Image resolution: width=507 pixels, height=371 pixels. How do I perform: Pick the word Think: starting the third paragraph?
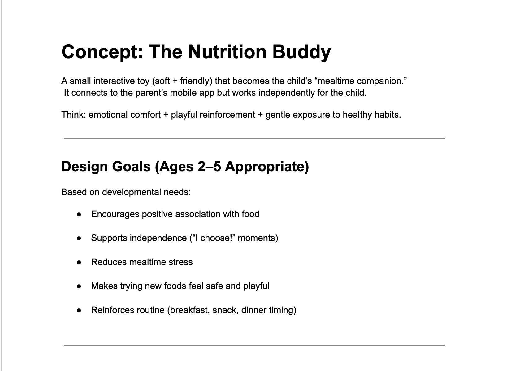pos(74,115)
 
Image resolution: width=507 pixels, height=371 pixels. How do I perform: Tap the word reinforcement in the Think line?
pos(227,115)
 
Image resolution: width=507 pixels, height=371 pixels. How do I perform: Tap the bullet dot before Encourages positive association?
pos(79,215)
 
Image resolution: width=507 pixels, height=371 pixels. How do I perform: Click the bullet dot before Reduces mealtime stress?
pos(79,263)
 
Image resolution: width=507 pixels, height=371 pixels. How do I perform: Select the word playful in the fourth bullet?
pos(256,286)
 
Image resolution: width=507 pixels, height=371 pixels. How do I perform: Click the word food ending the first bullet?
pos(250,214)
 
